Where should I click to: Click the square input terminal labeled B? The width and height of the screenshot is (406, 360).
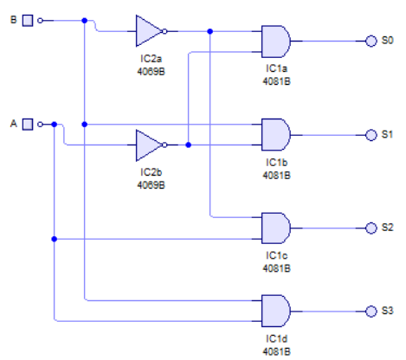pos(27,19)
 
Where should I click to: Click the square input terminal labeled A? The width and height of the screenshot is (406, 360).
pos(27,124)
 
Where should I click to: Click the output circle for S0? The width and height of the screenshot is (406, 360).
pos(371,41)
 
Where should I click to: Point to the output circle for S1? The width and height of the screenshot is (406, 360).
pos(371,135)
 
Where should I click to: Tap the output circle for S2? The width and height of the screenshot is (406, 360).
pos(371,228)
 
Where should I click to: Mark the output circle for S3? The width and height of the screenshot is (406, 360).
pos(371,311)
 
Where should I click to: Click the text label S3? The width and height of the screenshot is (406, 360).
pos(387,311)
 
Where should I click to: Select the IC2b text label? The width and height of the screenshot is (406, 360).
pos(152,173)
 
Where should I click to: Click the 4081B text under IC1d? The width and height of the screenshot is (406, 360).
pos(277,351)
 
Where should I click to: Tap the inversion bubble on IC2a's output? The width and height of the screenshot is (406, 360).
pos(165,30)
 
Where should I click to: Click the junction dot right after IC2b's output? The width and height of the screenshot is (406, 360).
pos(189,145)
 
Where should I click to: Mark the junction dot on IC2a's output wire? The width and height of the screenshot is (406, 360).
pos(211,30)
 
